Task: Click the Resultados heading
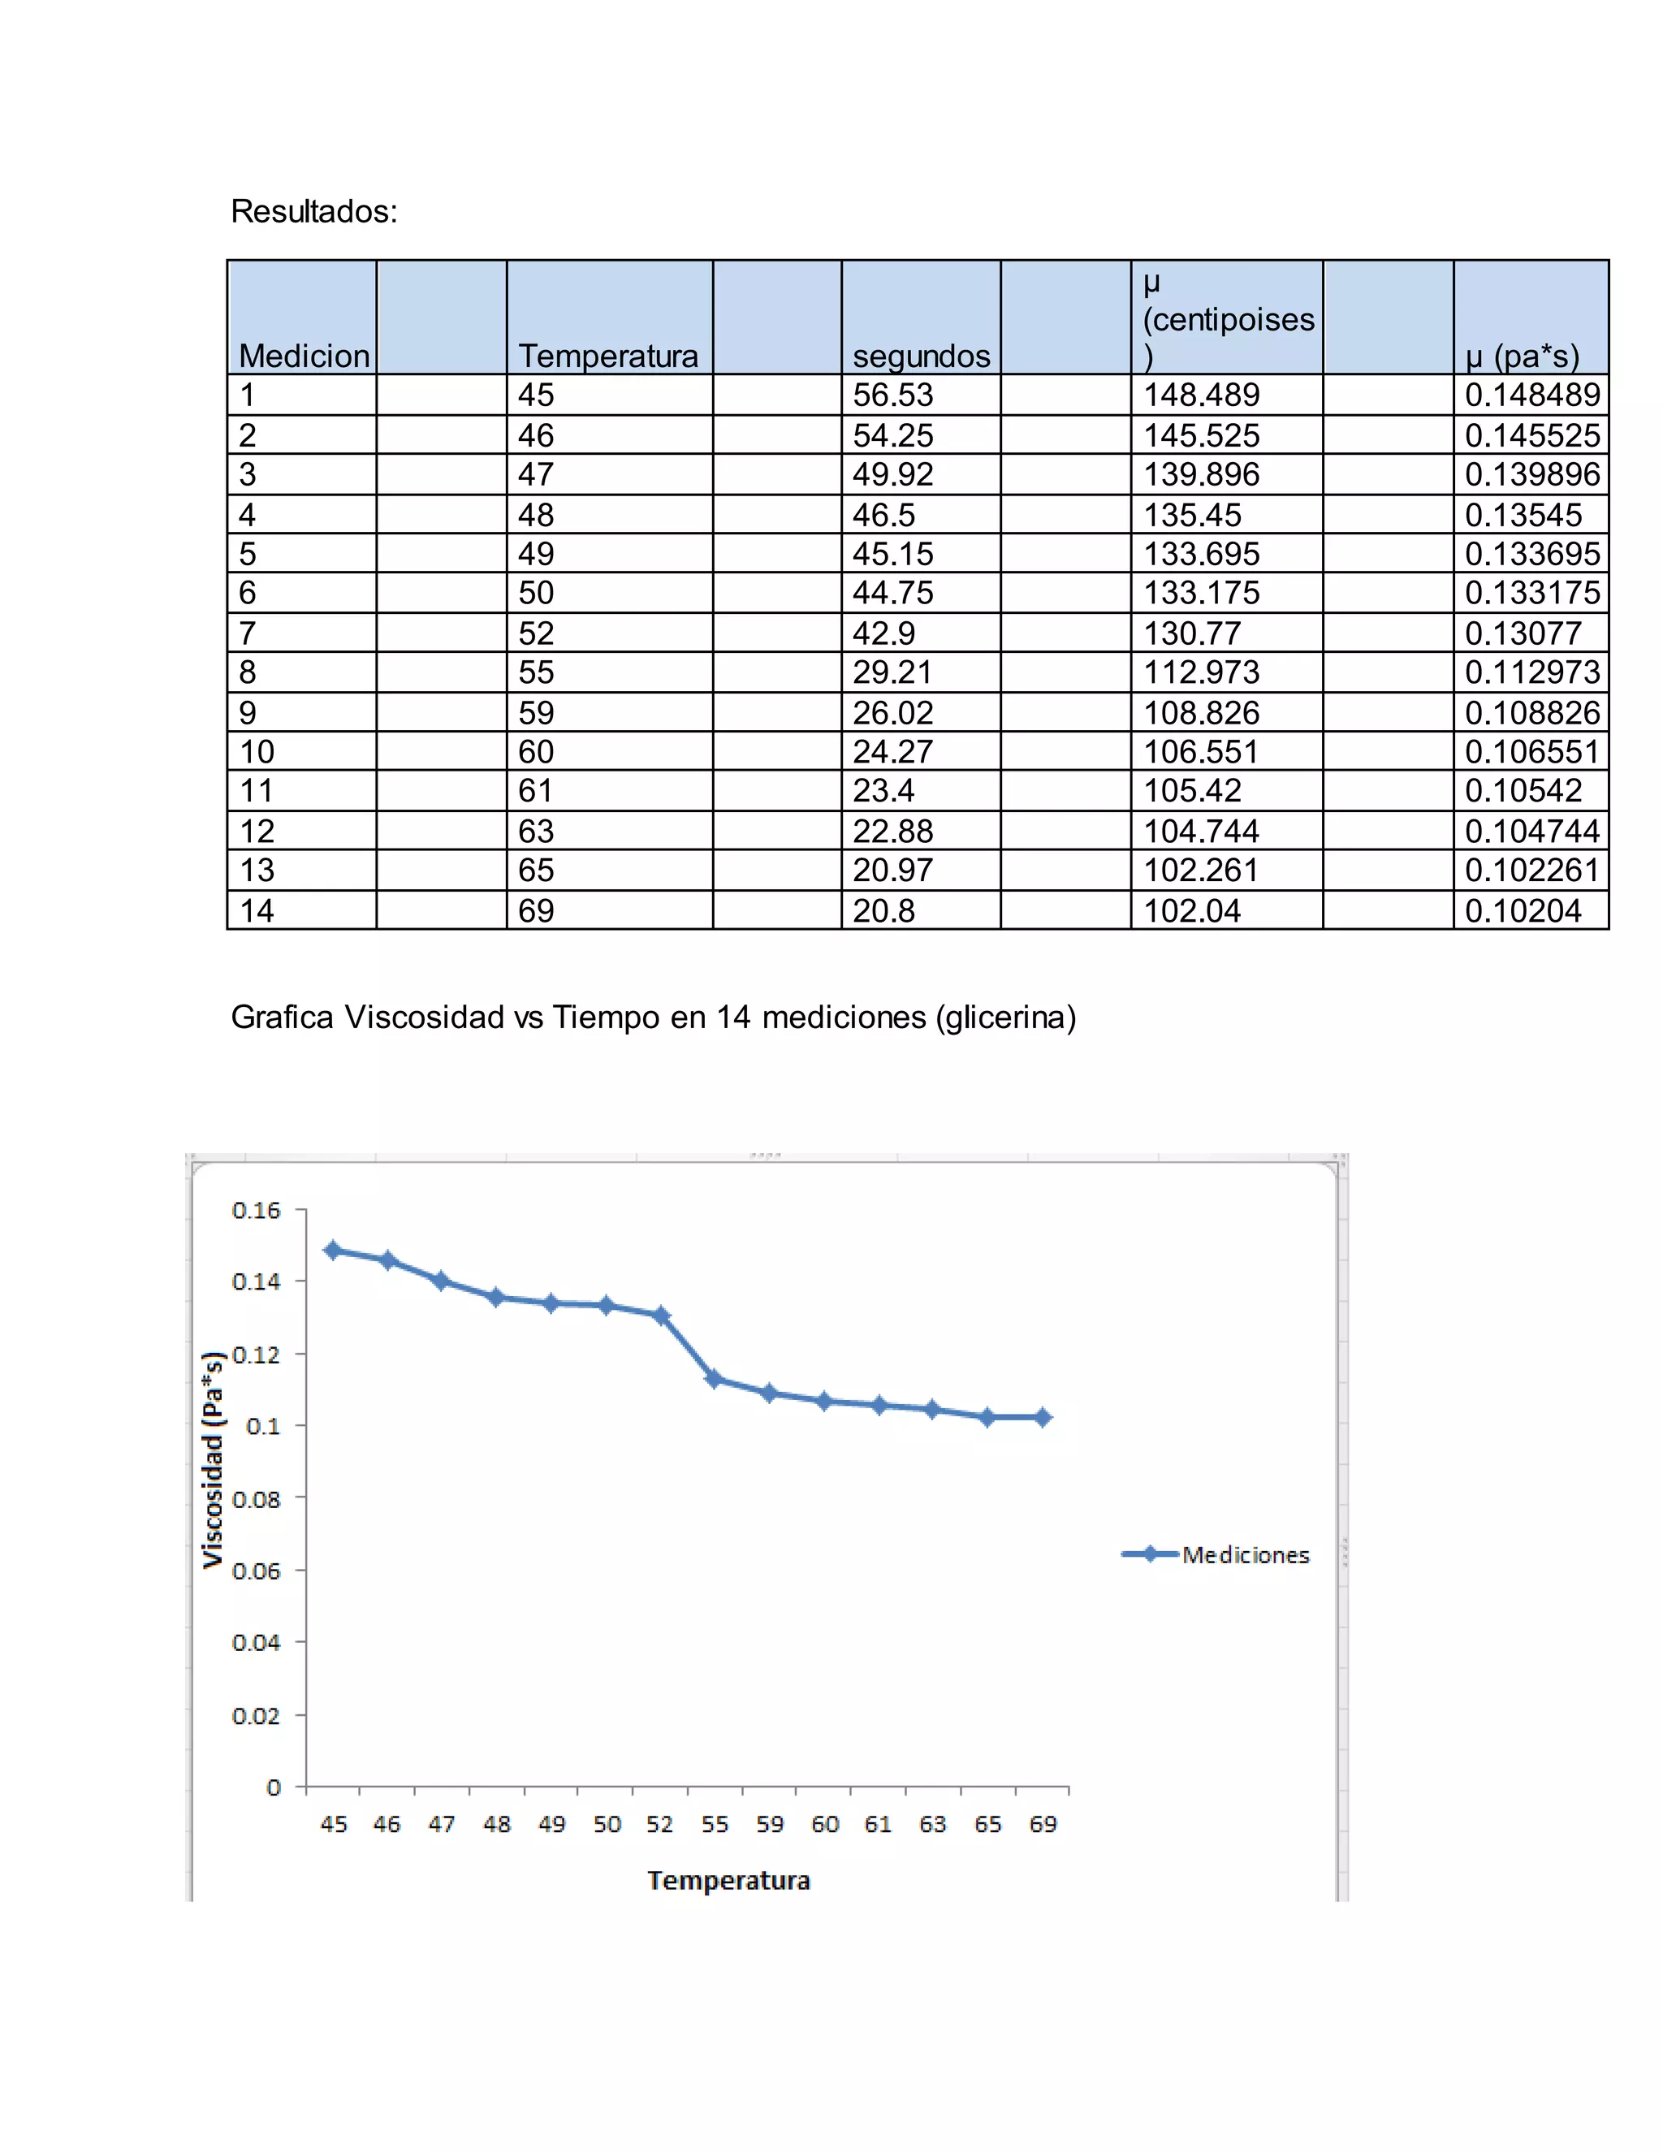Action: point(313,211)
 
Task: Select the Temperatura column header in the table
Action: point(608,355)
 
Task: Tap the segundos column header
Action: point(920,355)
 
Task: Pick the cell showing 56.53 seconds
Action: point(892,395)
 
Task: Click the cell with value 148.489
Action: point(1200,395)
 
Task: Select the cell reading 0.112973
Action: point(1531,672)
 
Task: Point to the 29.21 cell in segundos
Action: point(892,672)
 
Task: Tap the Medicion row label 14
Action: point(257,910)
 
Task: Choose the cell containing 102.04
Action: point(1191,910)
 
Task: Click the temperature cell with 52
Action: point(536,633)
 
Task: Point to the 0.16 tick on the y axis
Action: point(256,1210)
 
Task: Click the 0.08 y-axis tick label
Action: point(256,1499)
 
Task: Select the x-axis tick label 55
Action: point(715,1824)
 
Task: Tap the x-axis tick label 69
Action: point(1043,1824)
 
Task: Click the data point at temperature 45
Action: point(333,1250)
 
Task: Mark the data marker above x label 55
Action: point(715,1379)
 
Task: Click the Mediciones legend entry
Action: point(1246,1555)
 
